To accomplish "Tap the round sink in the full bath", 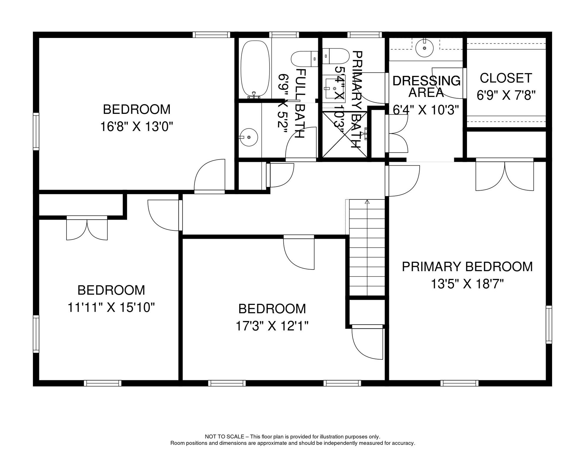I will pyautogui.click(x=249, y=137).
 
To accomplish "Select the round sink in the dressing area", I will pyautogui.click(x=425, y=48).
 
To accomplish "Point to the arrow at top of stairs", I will pyautogui.click(x=367, y=202).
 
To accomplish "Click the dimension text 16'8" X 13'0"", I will pyautogui.click(x=137, y=127).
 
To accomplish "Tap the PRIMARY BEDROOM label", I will pyautogui.click(x=467, y=267).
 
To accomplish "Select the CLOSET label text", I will pyautogui.click(x=506, y=78).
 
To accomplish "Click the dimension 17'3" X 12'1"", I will pyautogui.click(x=272, y=326).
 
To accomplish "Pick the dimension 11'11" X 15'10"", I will pyautogui.click(x=111, y=308).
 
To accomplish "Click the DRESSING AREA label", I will pyautogui.click(x=426, y=87).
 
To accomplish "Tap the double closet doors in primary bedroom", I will pyautogui.click(x=505, y=175).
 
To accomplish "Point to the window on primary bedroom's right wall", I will pyautogui.click(x=549, y=324).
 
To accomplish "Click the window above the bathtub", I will pyautogui.click(x=284, y=35).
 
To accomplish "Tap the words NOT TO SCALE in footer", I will pyautogui.click(x=224, y=437).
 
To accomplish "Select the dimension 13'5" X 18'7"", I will pyautogui.click(x=467, y=284).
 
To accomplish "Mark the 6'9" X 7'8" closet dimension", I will pyautogui.click(x=506, y=95).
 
